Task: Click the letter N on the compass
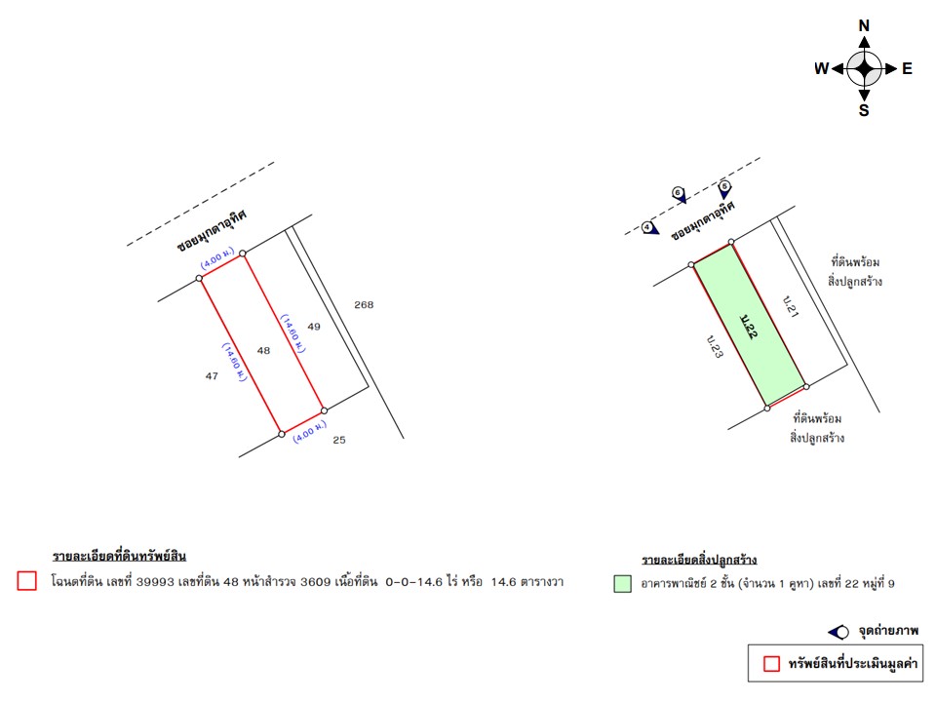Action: [x=864, y=25]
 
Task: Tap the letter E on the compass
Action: [x=907, y=68]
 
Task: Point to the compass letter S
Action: [x=864, y=110]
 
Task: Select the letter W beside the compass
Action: [x=822, y=68]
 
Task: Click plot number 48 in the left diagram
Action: [x=263, y=350]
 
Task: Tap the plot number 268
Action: [x=364, y=304]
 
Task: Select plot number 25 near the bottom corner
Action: [x=339, y=440]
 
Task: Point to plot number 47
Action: [x=212, y=376]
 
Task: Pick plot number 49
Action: [x=314, y=327]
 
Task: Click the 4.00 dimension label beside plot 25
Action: [x=310, y=432]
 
